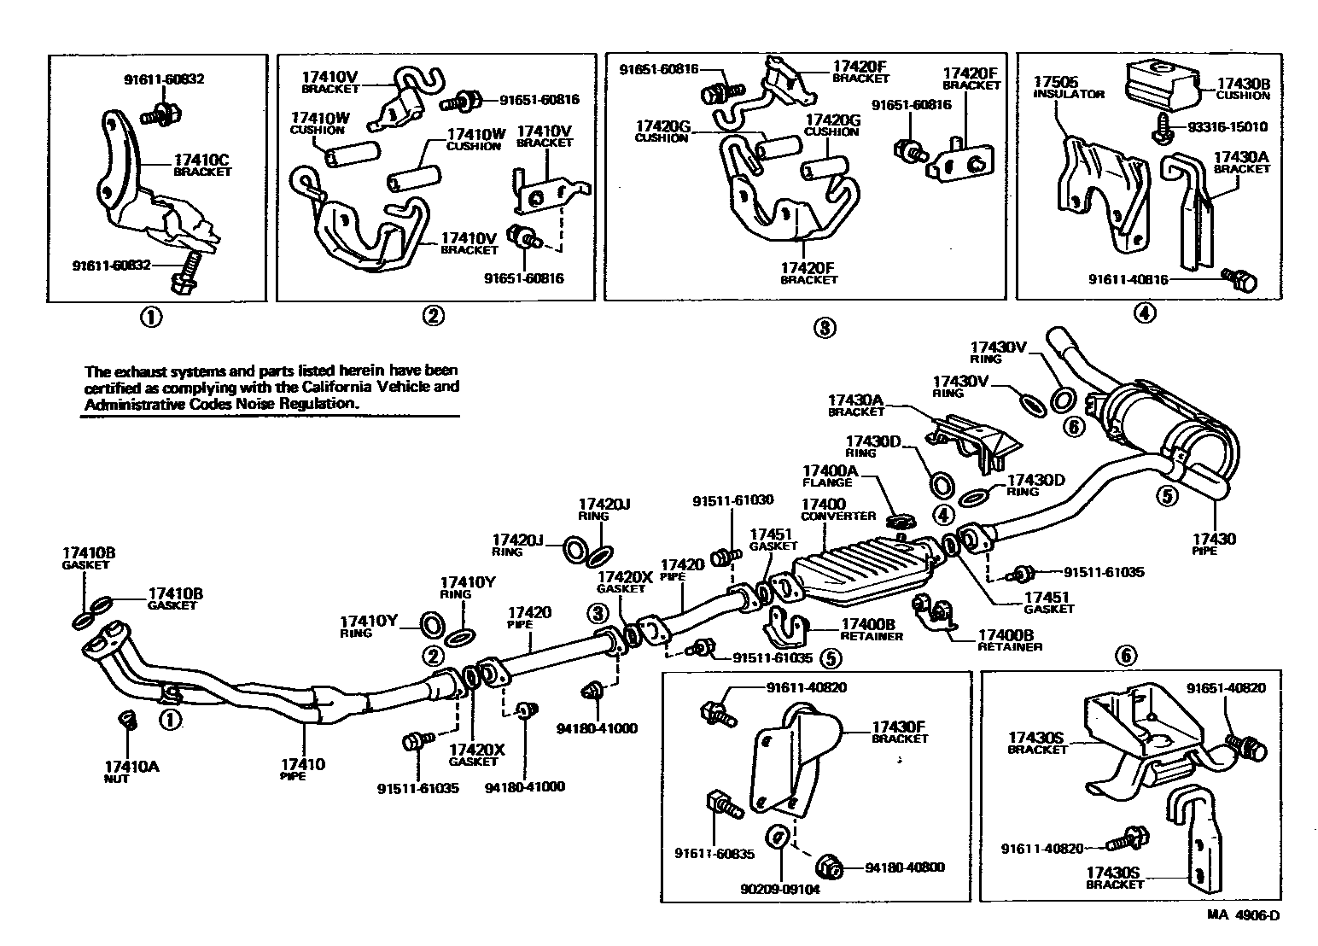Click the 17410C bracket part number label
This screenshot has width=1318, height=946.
pyautogui.click(x=202, y=159)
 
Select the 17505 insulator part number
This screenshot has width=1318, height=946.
pyautogui.click(x=1056, y=82)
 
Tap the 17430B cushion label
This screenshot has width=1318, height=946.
pyautogui.click(x=1242, y=84)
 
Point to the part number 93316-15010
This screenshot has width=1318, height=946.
pyautogui.click(x=1228, y=127)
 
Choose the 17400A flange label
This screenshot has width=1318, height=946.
pyautogui.click(x=831, y=470)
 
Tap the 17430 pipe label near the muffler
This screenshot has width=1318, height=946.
pyautogui.click(x=1214, y=539)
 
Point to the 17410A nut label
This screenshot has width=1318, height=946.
pyautogui.click(x=131, y=766)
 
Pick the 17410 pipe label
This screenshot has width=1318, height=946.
pyautogui.click(x=303, y=764)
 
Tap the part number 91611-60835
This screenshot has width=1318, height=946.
pyautogui.click(x=710, y=853)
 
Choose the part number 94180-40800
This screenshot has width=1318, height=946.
pyautogui.click(x=905, y=867)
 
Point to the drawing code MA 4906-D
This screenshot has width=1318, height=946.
pyautogui.click(x=1243, y=916)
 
